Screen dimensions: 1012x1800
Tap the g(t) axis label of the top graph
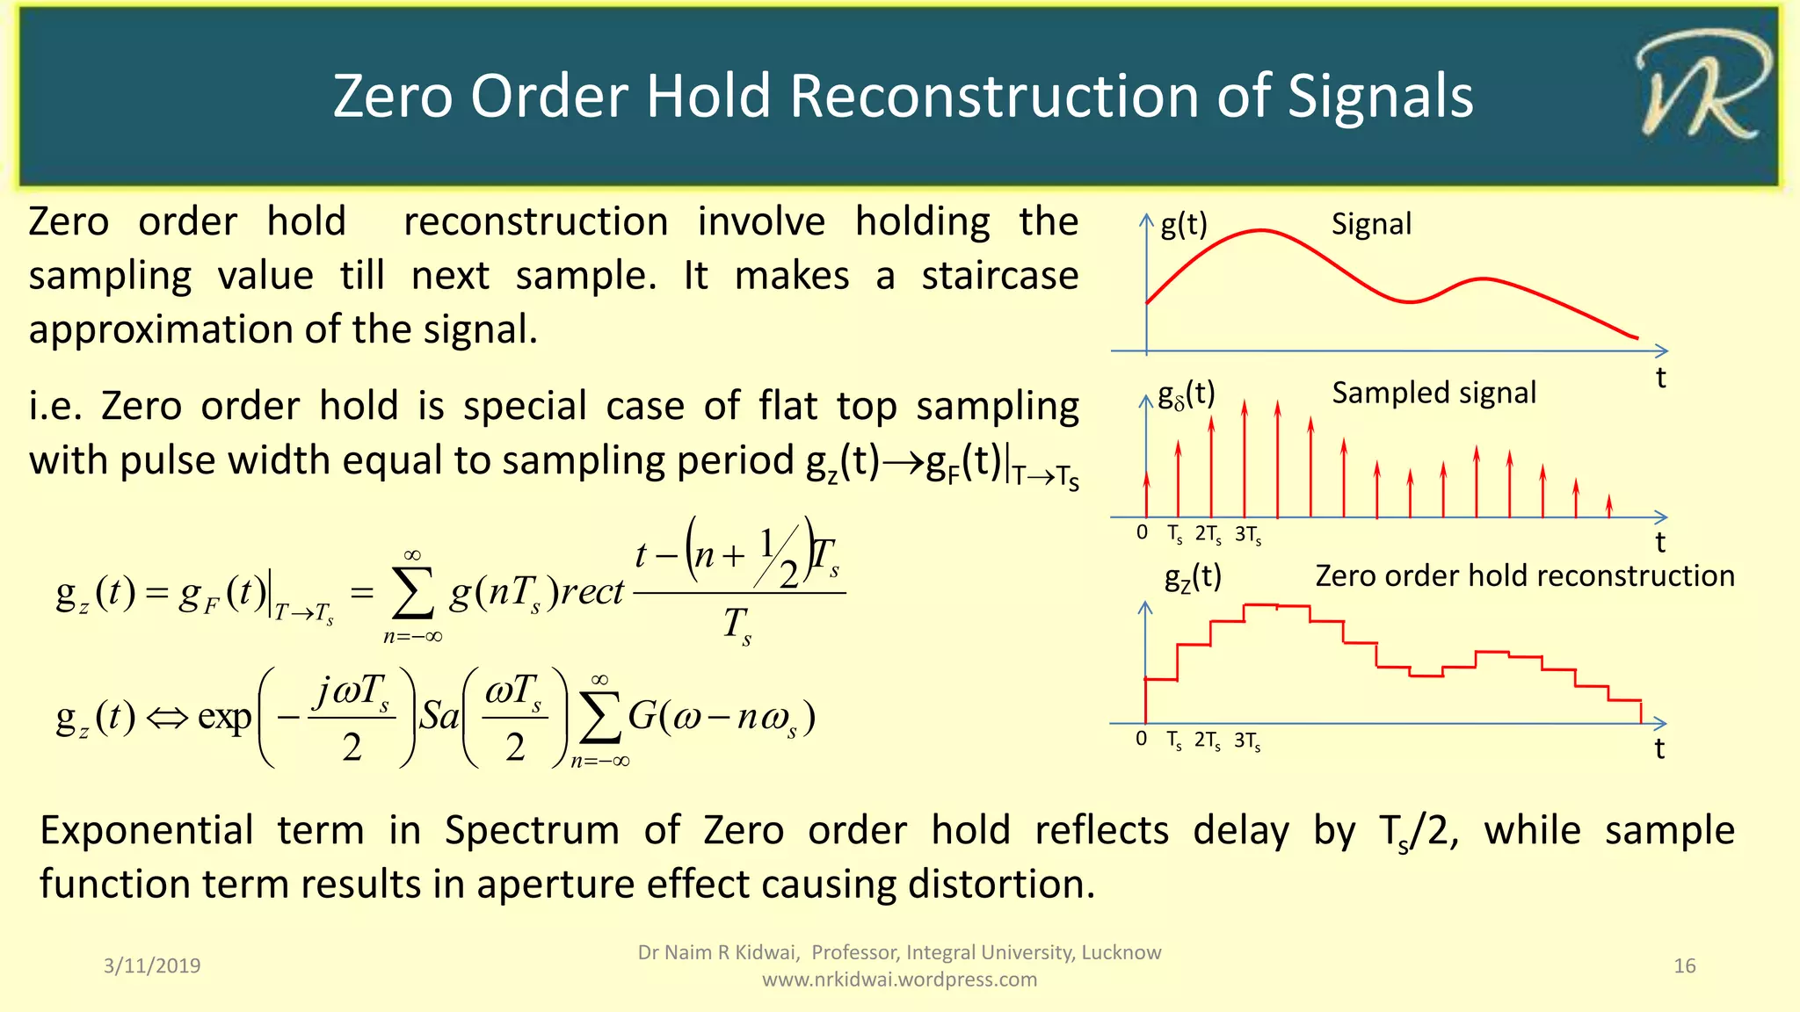[x=1183, y=225]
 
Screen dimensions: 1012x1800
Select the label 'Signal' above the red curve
[x=1371, y=224]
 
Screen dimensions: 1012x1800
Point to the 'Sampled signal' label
[x=1433, y=393]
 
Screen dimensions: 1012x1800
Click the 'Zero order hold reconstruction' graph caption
[x=1524, y=576]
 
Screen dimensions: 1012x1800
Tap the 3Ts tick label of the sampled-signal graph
[x=1248, y=534]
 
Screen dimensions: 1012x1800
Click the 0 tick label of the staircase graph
[x=1141, y=739]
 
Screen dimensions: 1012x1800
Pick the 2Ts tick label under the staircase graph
[x=1207, y=741]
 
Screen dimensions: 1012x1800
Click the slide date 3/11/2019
[x=152, y=965]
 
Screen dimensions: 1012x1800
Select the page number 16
[x=1684, y=965]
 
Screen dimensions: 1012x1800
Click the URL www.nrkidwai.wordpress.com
[x=899, y=979]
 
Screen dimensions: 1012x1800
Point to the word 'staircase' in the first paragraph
[x=999, y=276]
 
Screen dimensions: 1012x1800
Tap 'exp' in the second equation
[x=225, y=717]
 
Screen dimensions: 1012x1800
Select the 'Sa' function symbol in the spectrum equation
[x=439, y=717]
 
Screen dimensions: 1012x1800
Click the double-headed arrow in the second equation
[x=167, y=718]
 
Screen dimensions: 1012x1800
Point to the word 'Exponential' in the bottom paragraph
[x=147, y=830]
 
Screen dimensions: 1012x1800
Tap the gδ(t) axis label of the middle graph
[x=1186, y=395]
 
